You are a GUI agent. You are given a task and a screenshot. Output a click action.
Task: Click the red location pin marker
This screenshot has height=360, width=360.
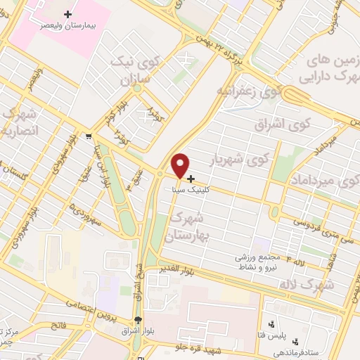coord(181,165)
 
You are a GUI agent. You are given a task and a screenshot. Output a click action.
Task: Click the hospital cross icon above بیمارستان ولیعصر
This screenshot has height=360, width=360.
coord(68,14)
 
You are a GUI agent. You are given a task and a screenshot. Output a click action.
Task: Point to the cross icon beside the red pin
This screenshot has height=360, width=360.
coord(191,178)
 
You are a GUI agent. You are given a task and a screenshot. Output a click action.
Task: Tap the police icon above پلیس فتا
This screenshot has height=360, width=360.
coord(273,324)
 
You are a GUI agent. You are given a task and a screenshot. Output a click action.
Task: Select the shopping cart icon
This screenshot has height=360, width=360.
coord(89,135)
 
